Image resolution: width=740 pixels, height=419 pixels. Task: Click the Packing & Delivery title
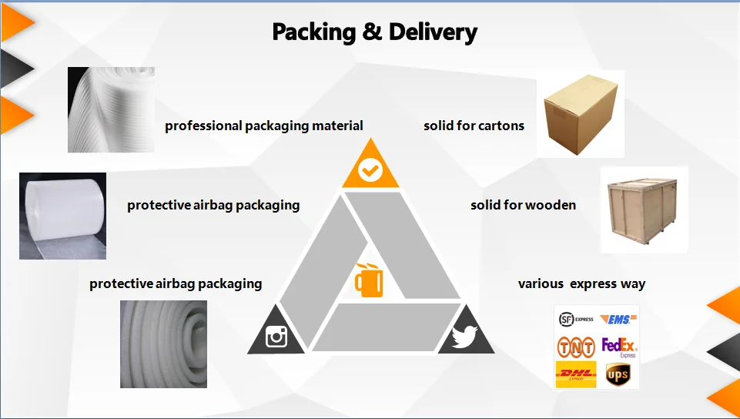(375, 32)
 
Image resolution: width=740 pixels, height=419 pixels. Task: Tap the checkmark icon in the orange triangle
(370, 169)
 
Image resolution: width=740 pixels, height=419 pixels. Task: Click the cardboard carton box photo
(580, 113)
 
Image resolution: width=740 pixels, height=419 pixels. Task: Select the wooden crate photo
(643, 209)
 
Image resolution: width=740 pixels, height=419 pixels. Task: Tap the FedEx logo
(619, 347)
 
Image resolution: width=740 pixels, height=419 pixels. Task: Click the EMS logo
(618, 319)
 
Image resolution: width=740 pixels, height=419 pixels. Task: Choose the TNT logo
(576, 347)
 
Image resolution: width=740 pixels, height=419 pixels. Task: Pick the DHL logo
(576, 374)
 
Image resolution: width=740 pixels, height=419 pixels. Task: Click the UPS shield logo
(618, 375)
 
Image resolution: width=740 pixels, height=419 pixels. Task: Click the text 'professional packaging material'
(264, 126)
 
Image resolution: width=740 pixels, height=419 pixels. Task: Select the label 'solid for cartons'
(474, 126)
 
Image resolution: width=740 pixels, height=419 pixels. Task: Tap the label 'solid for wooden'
(523, 205)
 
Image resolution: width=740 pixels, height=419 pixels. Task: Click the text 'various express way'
(581, 283)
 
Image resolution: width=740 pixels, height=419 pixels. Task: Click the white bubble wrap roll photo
(62, 216)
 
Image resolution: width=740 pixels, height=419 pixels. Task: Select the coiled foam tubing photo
(163, 344)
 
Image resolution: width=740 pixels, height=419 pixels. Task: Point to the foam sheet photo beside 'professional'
(111, 109)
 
